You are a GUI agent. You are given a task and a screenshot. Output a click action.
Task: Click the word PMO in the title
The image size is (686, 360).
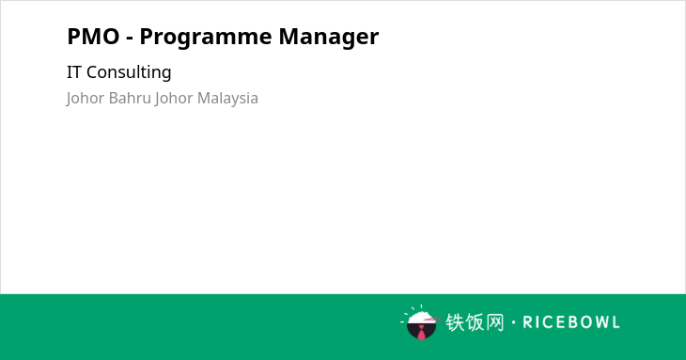pos(93,37)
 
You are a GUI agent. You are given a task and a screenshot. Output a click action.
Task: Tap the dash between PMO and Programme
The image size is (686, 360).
pos(129,39)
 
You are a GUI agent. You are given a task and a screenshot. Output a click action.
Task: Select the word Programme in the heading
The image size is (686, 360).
pos(206,38)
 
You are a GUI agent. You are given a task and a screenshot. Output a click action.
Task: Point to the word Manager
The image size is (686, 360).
pos(329,38)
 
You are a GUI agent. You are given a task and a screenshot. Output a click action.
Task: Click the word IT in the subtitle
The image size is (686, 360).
pos(73,72)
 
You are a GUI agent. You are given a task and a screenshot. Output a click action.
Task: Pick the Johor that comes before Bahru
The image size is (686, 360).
pos(86,99)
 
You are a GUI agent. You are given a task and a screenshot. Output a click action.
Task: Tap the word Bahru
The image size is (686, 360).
pos(130,98)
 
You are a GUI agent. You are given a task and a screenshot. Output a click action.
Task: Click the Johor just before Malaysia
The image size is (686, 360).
pos(174,99)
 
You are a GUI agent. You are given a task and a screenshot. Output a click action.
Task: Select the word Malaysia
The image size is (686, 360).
pos(227,99)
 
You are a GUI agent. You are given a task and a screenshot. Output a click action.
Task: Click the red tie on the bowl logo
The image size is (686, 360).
pos(421,334)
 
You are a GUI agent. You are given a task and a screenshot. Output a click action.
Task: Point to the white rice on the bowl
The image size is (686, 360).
pos(420,318)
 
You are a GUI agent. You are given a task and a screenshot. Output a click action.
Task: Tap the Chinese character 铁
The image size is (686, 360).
pos(455,322)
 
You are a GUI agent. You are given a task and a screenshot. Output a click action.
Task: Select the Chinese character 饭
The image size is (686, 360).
pos(475,322)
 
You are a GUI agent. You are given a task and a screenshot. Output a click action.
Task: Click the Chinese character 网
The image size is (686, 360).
pos(495,322)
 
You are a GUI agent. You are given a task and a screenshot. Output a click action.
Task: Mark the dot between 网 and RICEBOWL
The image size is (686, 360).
pos(513,322)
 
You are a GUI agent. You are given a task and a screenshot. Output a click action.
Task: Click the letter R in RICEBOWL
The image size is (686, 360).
pos(527,322)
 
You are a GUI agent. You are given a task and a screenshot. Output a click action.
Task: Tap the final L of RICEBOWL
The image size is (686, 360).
pos(616,322)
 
